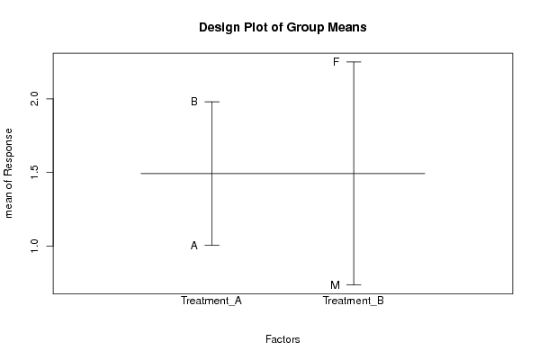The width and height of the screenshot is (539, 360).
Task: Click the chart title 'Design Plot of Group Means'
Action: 283,27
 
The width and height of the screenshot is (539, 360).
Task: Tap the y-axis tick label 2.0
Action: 35,99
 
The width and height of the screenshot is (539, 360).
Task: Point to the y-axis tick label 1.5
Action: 35,172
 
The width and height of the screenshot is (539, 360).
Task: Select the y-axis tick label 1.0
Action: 35,246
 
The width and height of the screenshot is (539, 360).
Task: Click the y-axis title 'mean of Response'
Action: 8,174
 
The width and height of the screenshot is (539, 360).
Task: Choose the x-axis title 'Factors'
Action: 283,339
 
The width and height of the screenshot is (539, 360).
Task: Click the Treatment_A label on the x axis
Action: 211,301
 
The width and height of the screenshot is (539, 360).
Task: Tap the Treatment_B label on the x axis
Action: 354,301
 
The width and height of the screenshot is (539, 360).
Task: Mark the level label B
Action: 194,102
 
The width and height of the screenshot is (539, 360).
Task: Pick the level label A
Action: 194,246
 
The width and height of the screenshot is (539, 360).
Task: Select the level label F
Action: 337,62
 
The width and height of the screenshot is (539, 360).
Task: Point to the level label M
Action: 335,285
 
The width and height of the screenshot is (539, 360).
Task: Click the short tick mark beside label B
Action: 211,102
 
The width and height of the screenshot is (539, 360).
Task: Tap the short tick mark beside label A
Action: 211,245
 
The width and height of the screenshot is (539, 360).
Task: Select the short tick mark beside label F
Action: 354,62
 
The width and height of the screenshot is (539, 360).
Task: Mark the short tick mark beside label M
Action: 354,284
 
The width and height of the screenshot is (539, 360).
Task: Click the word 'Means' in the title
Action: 346,27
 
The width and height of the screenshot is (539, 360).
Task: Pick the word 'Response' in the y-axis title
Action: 8,152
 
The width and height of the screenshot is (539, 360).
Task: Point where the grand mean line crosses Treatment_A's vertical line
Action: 211,174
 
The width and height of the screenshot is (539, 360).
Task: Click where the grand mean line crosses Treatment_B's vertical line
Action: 354,174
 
